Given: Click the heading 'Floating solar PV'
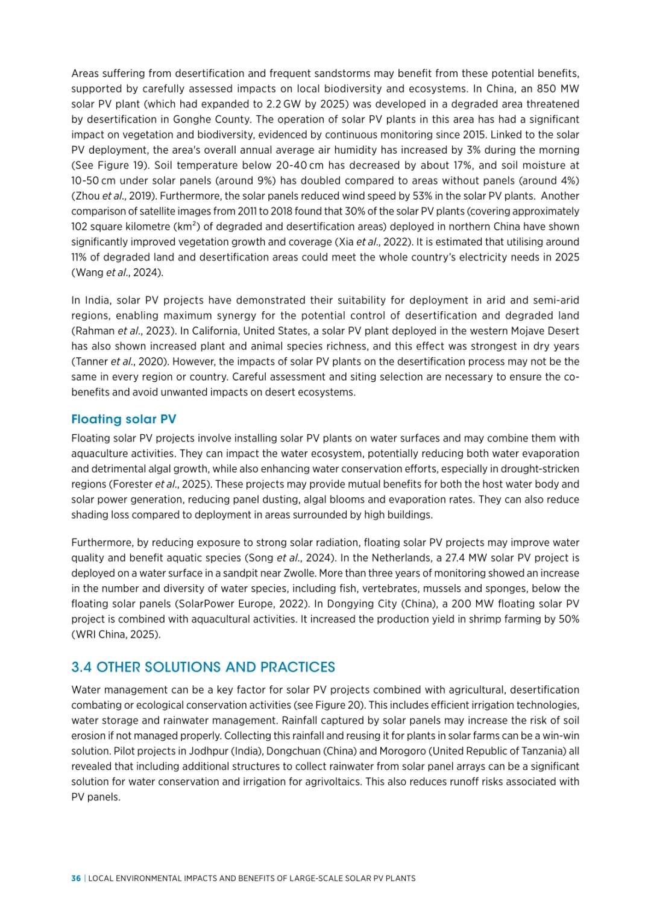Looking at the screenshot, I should click(x=124, y=419).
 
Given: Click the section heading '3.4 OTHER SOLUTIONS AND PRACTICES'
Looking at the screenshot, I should click(x=203, y=667).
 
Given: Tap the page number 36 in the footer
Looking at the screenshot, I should click(x=76, y=878).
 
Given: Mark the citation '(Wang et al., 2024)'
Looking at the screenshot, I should click(x=117, y=273).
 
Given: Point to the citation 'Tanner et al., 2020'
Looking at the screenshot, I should click(x=116, y=362).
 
